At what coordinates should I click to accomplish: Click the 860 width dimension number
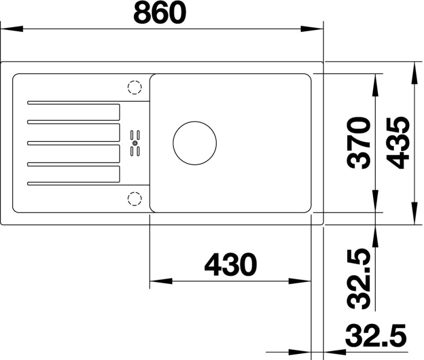pos(160,13)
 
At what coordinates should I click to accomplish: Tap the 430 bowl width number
pos(231,265)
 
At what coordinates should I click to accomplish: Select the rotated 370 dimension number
pos(358,143)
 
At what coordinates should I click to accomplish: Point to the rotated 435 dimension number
pos(398,143)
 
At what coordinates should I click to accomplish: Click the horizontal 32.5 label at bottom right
pos(376,336)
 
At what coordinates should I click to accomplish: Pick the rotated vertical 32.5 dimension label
pos(359,278)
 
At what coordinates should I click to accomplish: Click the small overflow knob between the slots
pos(135,143)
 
